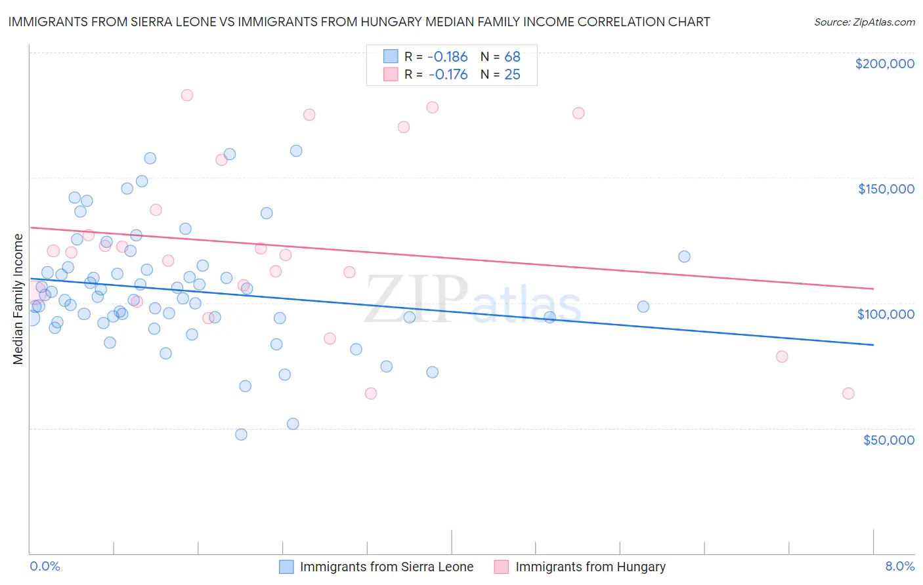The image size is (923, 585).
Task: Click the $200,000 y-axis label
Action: [x=884, y=64]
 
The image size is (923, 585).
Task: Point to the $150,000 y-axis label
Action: [x=886, y=189]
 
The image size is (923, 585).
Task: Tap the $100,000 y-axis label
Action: [x=886, y=314]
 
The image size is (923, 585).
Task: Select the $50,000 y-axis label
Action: [x=888, y=439]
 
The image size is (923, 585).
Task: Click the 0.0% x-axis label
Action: [x=45, y=566]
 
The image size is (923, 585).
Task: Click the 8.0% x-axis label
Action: [x=899, y=566]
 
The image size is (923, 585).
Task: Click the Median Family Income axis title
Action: [x=18, y=298]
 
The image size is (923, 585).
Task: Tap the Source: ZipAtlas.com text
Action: [x=864, y=22]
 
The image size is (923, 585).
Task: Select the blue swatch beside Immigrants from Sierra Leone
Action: [x=286, y=567]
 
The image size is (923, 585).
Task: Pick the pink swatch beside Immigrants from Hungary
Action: [x=502, y=567]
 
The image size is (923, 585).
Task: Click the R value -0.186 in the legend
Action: [x=448, y=57]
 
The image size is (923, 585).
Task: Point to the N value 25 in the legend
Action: [x=512, y=75]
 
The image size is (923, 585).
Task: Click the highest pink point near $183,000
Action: [x=187, y=95]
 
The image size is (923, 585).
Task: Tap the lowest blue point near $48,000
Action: [x=241, y=434]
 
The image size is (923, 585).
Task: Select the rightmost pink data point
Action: [x=848, y=393]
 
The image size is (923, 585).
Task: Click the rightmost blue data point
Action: [x=684, y=256]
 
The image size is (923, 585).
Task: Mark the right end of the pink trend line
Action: [x=873, y=289]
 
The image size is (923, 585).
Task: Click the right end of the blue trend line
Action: [x=873, y=344]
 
